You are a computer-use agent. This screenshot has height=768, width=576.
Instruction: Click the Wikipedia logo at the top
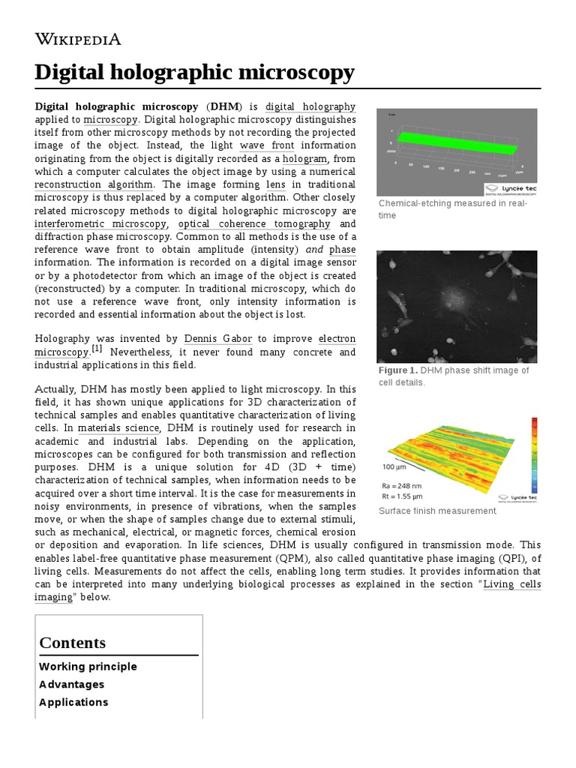pos(78,40)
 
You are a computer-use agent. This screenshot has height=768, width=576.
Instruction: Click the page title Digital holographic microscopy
pos(194,73)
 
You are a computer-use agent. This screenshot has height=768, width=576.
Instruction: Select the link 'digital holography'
pos(310,106)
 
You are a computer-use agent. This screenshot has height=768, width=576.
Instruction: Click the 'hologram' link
pos(304,159)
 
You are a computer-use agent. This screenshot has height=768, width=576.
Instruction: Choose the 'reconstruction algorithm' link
pos(94,184)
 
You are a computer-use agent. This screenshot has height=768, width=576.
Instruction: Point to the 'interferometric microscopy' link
pos(100,223)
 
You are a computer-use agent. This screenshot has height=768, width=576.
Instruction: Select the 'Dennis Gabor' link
pos(217,339)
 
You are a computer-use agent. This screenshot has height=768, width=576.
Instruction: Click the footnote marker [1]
pos(97,349)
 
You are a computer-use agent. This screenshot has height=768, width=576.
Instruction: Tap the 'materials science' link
pos(118,427)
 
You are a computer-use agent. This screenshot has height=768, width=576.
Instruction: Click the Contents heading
pos(73,643)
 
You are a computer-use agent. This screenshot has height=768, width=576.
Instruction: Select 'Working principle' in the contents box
pos(88,667)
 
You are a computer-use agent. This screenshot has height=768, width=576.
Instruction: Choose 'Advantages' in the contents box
pos(72,685)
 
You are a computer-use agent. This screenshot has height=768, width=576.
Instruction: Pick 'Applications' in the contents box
pos(73,703)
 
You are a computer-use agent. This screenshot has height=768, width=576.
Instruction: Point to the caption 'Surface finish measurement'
pos(437,511)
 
